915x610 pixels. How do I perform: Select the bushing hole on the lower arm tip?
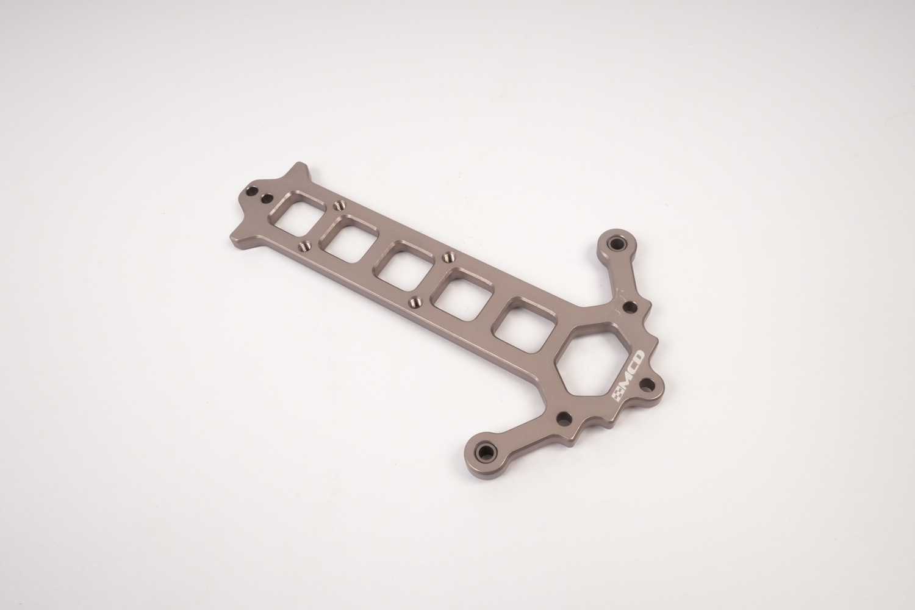(486, 451)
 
